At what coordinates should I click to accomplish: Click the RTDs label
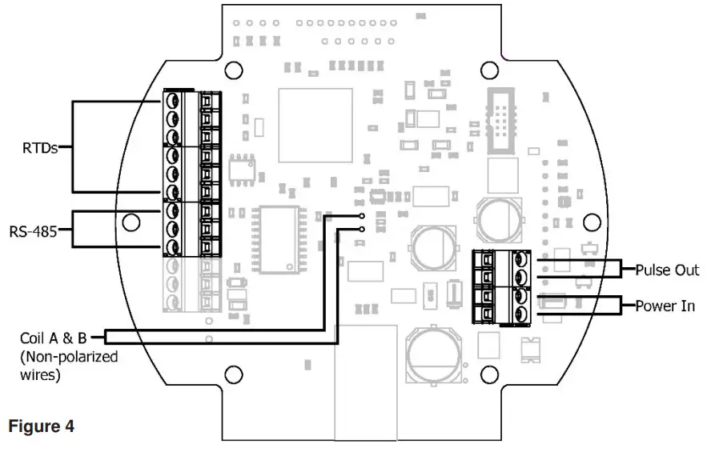click(x=40, y=148)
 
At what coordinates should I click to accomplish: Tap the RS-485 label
click(x=34, y=232)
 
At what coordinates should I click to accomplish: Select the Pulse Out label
click(x=667, y=270)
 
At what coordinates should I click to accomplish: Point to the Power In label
click(x=665, y=306)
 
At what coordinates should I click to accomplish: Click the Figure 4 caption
click(x=41, y=426)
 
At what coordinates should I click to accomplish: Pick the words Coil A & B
click(x=53, y=338)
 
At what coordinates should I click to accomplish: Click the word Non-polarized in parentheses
click(x=69, y=357)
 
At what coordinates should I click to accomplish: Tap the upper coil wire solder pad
click(x=362, y=216)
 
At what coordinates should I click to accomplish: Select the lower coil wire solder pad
click(x=362, y=230)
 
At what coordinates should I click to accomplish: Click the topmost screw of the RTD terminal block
click(x=172, y=100)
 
